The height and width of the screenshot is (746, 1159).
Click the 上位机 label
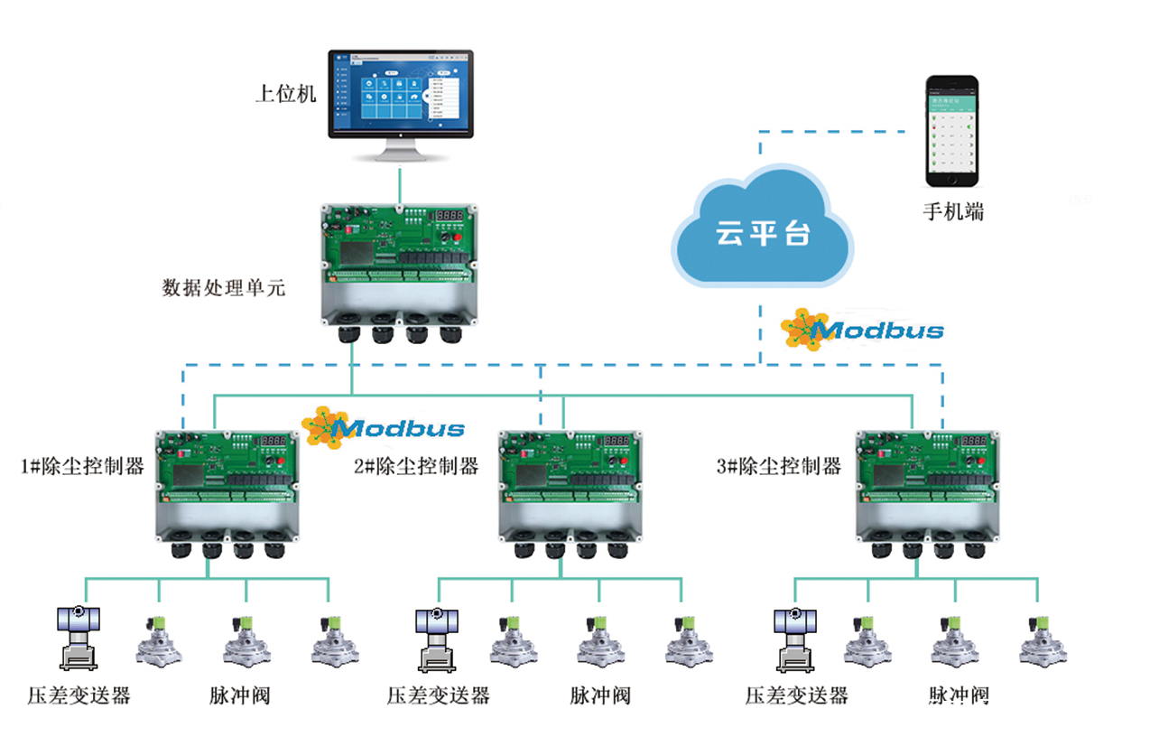[x=286, y=94]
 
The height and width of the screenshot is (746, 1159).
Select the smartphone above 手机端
[x=951, y=130]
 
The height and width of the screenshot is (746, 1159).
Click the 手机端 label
[x=952, y=212]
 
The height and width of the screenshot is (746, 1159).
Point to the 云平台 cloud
[x=762, y=230]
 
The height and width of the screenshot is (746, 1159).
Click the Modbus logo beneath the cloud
[x=862, y=329]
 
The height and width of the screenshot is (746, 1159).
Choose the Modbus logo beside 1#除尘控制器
[x=384, y=425]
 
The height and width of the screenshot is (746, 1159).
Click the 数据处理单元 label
[x=223, y=288]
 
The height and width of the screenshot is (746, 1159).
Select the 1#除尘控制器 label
[x=82, y=467]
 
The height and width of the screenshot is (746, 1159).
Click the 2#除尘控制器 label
[x=416, y=467]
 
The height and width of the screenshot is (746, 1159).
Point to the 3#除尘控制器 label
[x=778, y=467]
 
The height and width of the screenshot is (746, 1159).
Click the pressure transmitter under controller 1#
[x=78, y=637]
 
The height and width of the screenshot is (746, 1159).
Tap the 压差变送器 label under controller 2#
[x=438, y=695]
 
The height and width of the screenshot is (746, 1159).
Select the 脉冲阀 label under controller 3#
[x=959, y=695]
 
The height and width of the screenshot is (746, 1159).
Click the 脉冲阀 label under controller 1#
[x=240, y=695]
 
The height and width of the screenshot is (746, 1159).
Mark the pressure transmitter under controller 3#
[x=795, y=637]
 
